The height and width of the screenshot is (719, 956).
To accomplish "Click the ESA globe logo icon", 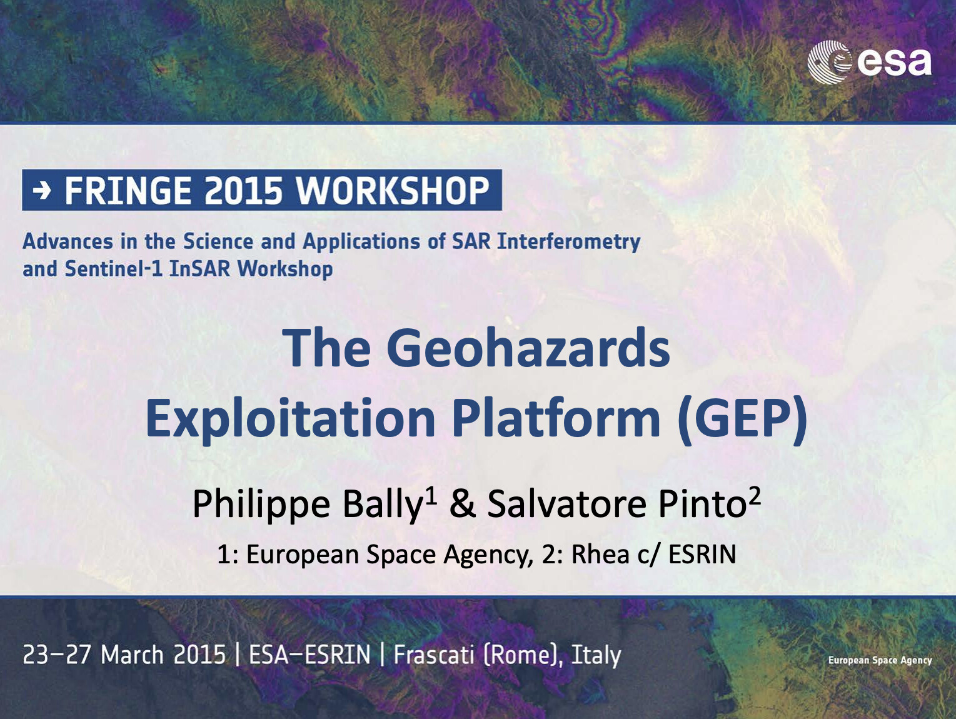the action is coord(829,62).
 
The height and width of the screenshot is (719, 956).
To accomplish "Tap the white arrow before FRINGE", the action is coord(43,191).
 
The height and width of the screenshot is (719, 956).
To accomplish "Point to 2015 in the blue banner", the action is coord(243,191).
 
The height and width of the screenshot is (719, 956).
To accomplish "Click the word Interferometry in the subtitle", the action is coord(569,242).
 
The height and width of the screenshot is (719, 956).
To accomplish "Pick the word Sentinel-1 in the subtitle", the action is coord(114,269).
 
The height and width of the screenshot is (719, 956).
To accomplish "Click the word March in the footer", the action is coord(132,655).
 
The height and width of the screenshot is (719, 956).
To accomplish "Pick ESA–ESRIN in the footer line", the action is coord(309,655).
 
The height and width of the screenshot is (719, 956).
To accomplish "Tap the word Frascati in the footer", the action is coord(434,655).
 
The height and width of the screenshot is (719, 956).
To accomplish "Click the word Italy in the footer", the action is coord(596,655).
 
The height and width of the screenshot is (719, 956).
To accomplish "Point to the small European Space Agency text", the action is coord(880,660).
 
